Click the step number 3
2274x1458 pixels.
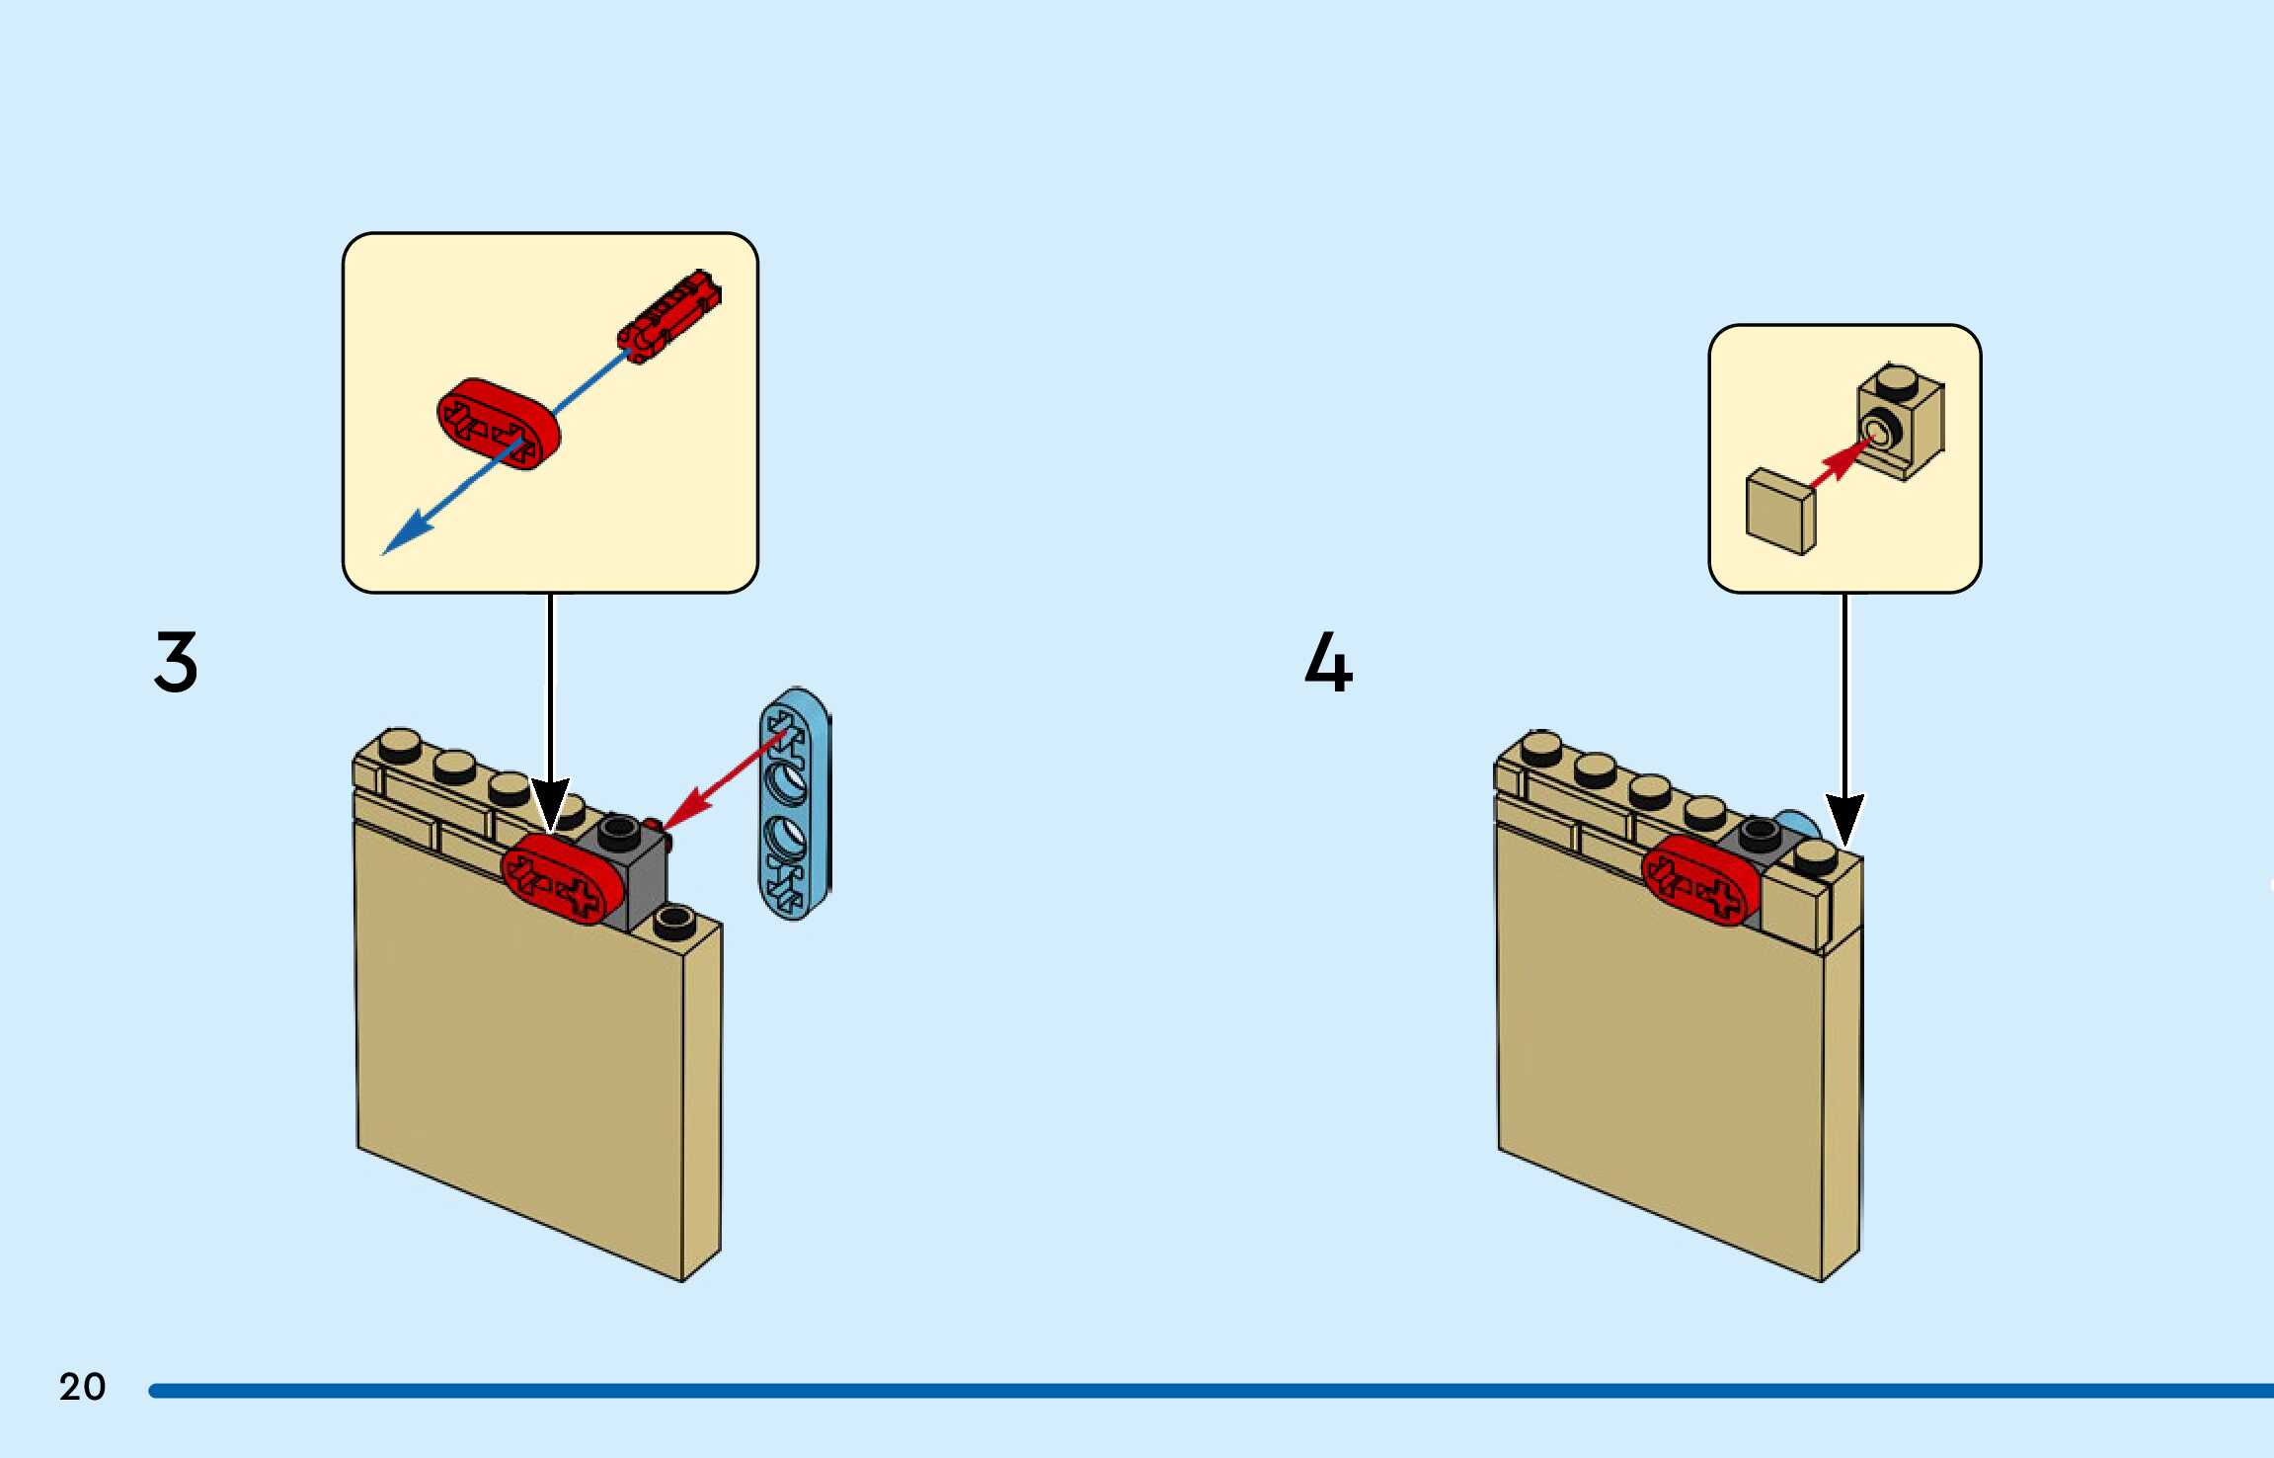click(x=176, y=662)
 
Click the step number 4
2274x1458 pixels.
click(x=1328, y=662)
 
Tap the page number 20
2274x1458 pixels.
click(x=82, y=1387)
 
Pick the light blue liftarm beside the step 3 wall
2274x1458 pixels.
click(x=794, y=803)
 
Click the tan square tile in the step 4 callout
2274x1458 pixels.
click(x=1780, y=511)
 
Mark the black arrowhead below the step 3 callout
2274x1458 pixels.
click(x=550, y=803)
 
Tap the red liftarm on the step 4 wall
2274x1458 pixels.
click(x=1700, y=880)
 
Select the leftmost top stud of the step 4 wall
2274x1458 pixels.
click(x=1541, y=748)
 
